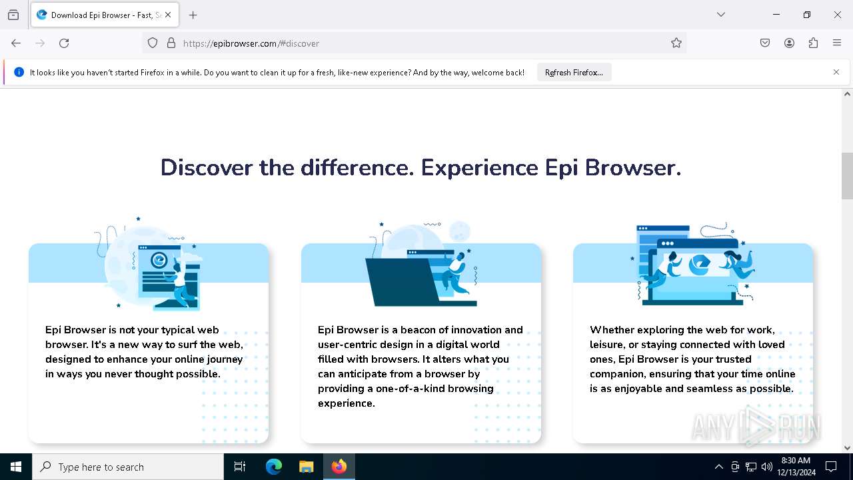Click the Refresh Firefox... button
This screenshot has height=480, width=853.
574,73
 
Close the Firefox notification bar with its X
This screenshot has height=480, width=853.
836,72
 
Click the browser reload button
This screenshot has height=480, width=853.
64,43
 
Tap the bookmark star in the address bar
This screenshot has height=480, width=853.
676,43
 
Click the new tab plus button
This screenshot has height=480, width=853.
193,15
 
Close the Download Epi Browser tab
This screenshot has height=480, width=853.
167,15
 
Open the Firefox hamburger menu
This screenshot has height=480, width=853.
837,43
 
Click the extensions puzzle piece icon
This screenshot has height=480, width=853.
813,43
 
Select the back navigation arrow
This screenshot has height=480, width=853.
16,43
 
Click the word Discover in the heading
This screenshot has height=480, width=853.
207,167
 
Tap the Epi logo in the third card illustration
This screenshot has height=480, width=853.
699,264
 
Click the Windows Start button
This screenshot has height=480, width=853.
16,467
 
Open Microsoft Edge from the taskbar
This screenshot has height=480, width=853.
274,467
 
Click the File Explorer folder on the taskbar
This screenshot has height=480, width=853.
306,467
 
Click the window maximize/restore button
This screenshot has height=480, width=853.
806,15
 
